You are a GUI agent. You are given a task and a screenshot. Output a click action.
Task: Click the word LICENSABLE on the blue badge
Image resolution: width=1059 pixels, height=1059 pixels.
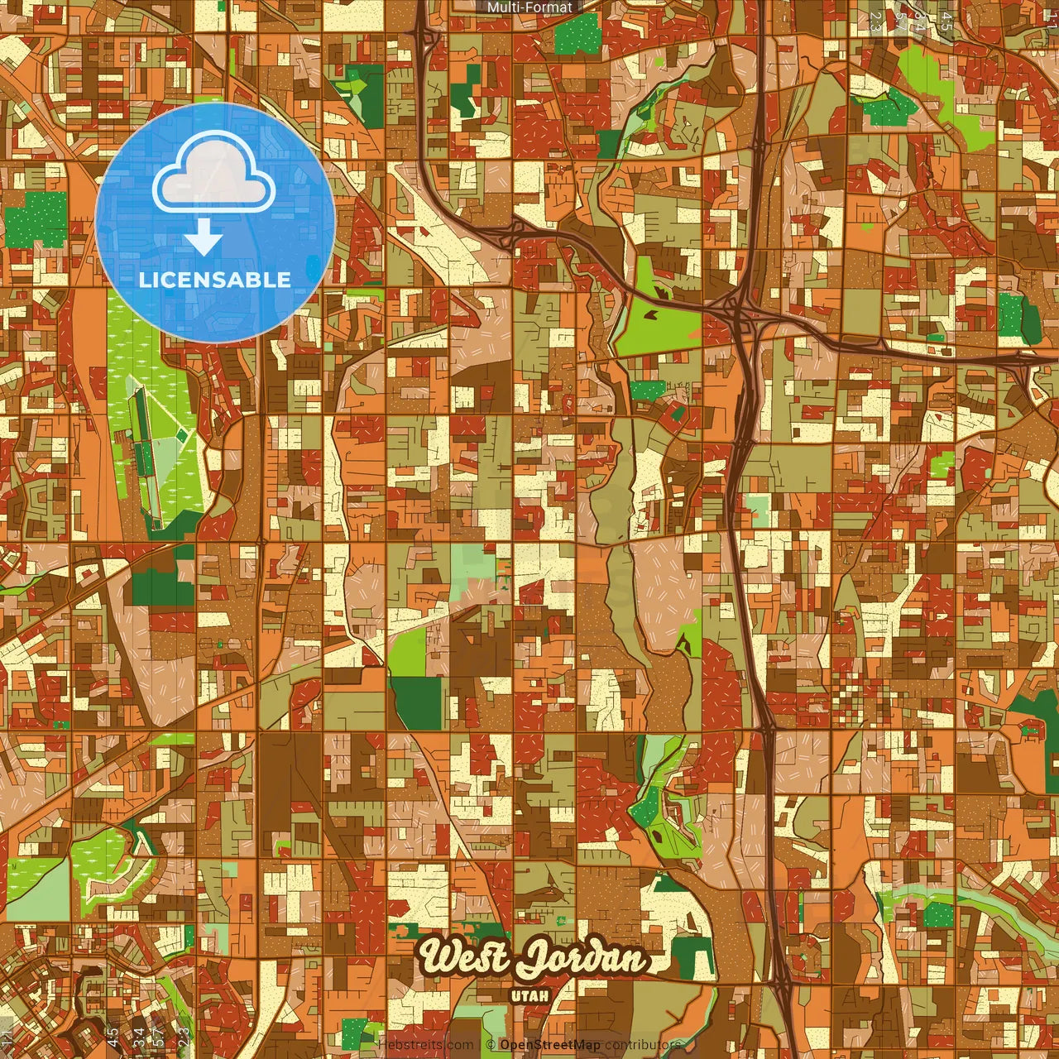pyautogui.click(x=215, y=280)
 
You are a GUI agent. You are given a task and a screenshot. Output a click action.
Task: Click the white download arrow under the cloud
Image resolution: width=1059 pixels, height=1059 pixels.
pyautogui.click(x=204, y=240)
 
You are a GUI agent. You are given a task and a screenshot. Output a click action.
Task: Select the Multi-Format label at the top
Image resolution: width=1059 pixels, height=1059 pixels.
pyautogui.click(x=529, y=7)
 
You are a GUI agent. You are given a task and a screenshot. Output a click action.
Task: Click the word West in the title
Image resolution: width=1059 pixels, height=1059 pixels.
pyautogui.click(x=464, y=958)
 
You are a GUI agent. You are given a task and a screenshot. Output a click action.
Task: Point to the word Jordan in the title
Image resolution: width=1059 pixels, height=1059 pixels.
pyautogui.click(x=581, y=960)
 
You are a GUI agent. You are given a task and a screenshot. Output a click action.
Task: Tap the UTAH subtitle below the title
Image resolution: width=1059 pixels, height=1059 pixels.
pyautogui.click(x=530, y=995)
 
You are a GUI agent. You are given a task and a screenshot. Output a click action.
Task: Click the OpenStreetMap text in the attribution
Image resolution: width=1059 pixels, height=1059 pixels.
pyautogui.click(x=550, y=1045)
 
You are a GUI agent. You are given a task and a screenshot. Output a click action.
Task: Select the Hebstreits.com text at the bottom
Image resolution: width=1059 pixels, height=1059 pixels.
pyautogui.click(x=426, y=1045)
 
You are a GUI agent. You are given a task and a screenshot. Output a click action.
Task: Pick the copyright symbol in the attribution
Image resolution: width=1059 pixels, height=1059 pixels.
pyautogui.click(x=491, y=1045)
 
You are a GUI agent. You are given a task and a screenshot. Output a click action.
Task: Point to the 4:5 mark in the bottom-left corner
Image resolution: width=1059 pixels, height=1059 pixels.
pyautogui.click(x=112, y=1036)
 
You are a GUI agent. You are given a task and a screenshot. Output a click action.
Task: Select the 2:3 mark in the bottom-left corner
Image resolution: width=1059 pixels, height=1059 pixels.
pyautogui.click(x=183, y=1036)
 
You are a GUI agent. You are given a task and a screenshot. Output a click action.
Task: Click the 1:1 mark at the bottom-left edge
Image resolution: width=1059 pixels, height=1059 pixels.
pyautogui.click(x=7, y=1036)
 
